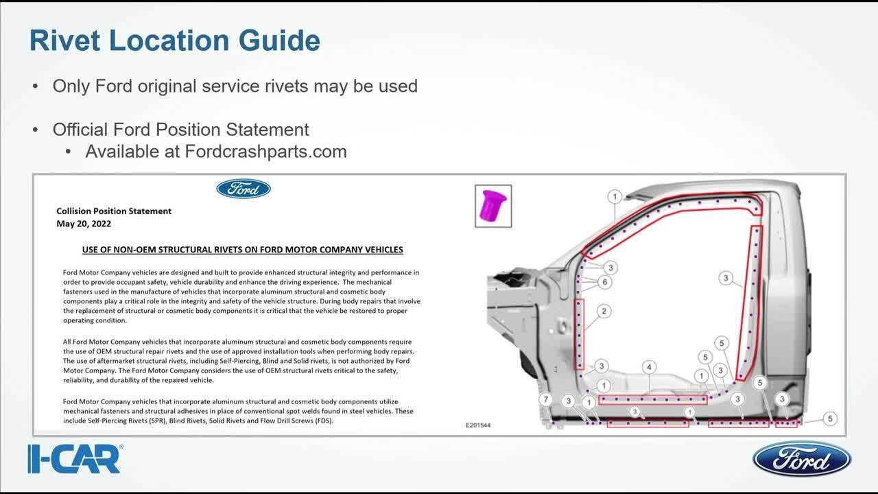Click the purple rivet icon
(493, 204)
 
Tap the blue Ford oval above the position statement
(244, 189)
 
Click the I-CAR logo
(75, 459)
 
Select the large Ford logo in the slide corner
(801, 459)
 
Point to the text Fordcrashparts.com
(265, 151)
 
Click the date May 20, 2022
(84, 224)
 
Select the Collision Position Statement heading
(114, 211)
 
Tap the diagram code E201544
(478, 425)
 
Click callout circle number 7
(546, 399)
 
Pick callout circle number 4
(649, 368)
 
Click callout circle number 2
(604, 311)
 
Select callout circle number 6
(604, 281)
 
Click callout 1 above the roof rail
(615, 197)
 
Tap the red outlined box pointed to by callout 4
(652, 399)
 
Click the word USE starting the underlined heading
(92, 250)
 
